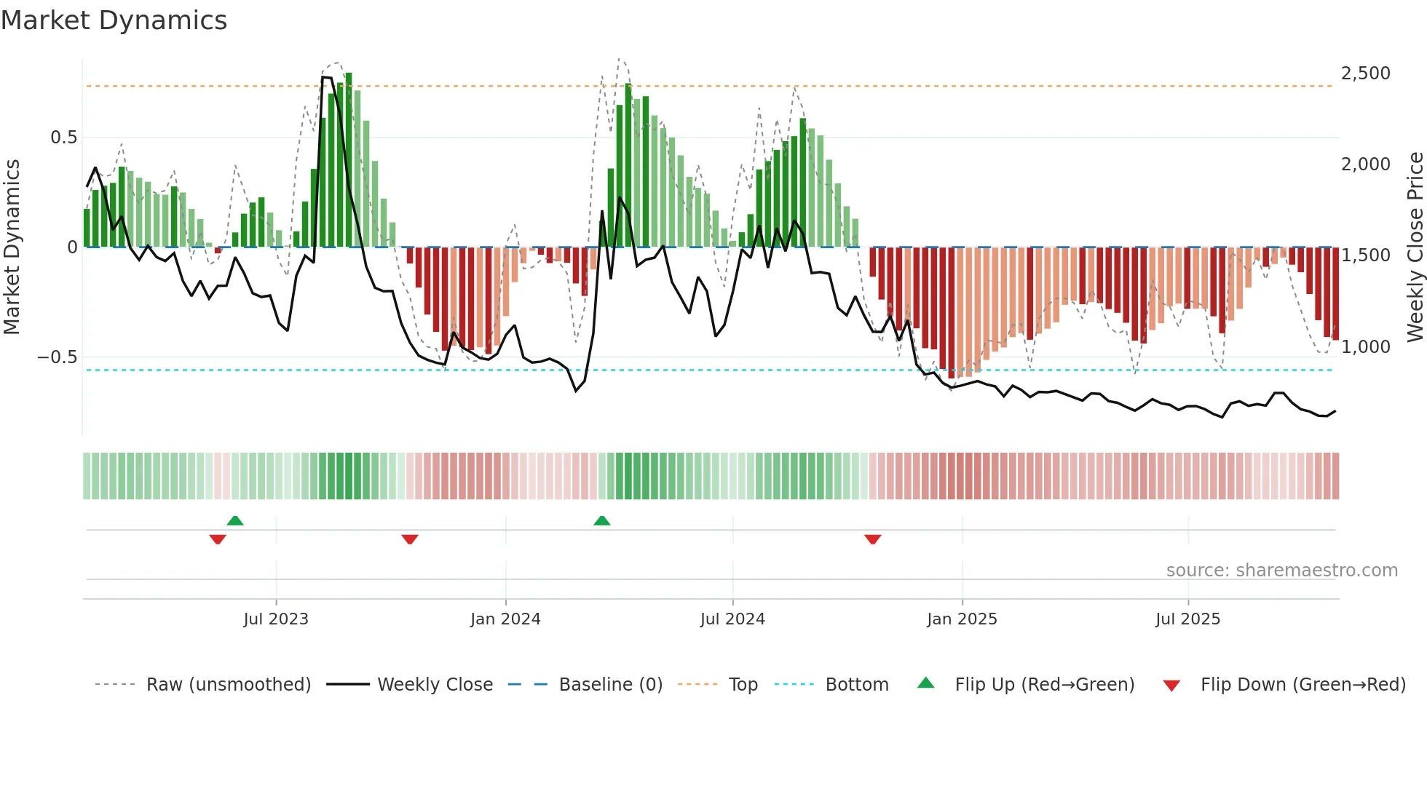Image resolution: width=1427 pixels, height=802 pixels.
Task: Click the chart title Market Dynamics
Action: [x=114, y=20]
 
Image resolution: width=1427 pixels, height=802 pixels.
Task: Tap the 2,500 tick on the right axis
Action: [x=1365, y=74]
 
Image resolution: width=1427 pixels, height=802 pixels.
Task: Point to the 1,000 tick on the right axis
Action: [x=1365, y=347]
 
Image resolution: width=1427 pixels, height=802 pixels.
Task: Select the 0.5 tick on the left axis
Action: [x=63, y=138]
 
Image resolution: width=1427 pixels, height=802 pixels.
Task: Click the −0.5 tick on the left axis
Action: [x=58, y=357]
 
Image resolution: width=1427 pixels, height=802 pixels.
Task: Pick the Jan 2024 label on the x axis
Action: [x=505, y=619]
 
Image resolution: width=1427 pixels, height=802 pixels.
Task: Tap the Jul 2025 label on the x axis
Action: [x=1187, y=619]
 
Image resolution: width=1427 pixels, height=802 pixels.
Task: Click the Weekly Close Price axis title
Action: [x=1415, y=247]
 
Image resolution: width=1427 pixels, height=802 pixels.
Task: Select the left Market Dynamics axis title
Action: [x=12, y=247]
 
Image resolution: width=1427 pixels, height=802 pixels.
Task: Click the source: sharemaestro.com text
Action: [x=1281, y=571]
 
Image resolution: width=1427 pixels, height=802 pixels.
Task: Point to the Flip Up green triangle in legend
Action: [x=925, y=683]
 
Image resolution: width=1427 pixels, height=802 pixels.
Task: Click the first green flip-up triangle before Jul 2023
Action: [x=235, y=521]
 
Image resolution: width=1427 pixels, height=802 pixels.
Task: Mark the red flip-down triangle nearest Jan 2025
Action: [x=873, y=539]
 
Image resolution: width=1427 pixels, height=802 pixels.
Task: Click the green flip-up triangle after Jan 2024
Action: [x=602, y=521]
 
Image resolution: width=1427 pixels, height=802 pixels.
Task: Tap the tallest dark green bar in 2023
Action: [x=349, y=160]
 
